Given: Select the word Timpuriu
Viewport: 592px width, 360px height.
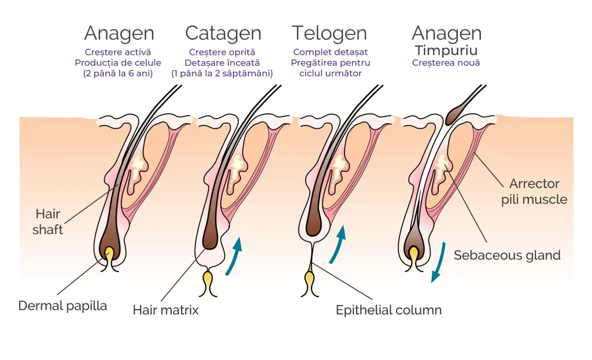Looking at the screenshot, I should [446, 50].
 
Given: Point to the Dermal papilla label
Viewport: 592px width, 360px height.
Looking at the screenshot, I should [62, 306].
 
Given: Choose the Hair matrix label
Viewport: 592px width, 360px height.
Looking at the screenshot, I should [165, 310].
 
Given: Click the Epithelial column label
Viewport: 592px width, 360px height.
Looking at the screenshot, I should [388, 310].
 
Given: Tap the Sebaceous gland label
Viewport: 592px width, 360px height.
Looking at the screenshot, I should [507, 255].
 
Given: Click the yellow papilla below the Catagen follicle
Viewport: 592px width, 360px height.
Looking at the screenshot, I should [208, 282].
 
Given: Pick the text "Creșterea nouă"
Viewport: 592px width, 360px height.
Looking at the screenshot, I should [446, 62].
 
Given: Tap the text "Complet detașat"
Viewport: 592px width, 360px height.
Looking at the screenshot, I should [330, 52].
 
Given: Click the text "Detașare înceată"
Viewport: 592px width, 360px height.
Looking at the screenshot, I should [223, 62].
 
